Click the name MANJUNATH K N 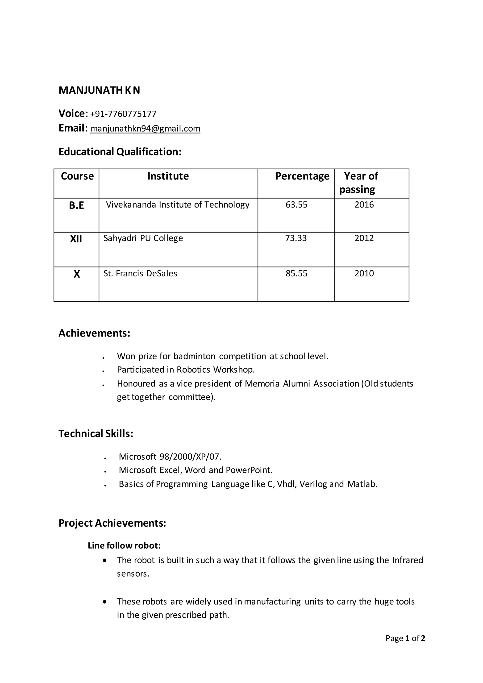99,90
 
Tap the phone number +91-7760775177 123,114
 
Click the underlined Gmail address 145,129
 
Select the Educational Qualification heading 120,152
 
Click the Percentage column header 302,176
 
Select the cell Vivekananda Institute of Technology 178,205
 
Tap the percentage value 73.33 296,238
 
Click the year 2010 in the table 364,273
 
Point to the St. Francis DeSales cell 140,273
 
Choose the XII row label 76,239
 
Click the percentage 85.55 296,273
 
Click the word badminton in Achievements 195,356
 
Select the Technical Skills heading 96,434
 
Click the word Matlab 362,484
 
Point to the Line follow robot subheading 124,546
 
